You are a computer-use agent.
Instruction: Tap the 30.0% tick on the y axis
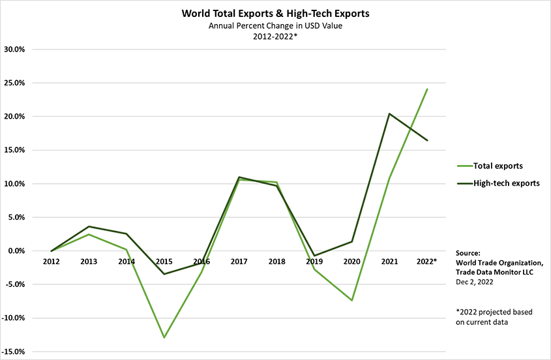(x=15, y=49)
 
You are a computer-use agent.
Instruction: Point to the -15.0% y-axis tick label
(x=14, y=352)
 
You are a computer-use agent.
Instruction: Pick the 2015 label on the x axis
(x=164, y=262)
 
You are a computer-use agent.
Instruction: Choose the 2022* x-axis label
(x=427, y=262)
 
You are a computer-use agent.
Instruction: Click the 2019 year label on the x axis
(x=315, y=262)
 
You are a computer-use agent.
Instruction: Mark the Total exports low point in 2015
(x=164, y=338)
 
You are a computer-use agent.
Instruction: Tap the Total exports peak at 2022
(x=427, y=89)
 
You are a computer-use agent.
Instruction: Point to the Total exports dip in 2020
(x=352, y=301)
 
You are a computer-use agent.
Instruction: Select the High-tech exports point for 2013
(x=89, y=226)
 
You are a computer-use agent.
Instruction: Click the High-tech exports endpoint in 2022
(x=427, y=140)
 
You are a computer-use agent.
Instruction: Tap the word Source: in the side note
(x=468, y=253)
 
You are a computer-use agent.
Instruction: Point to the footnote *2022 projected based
(x=494, y=312)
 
